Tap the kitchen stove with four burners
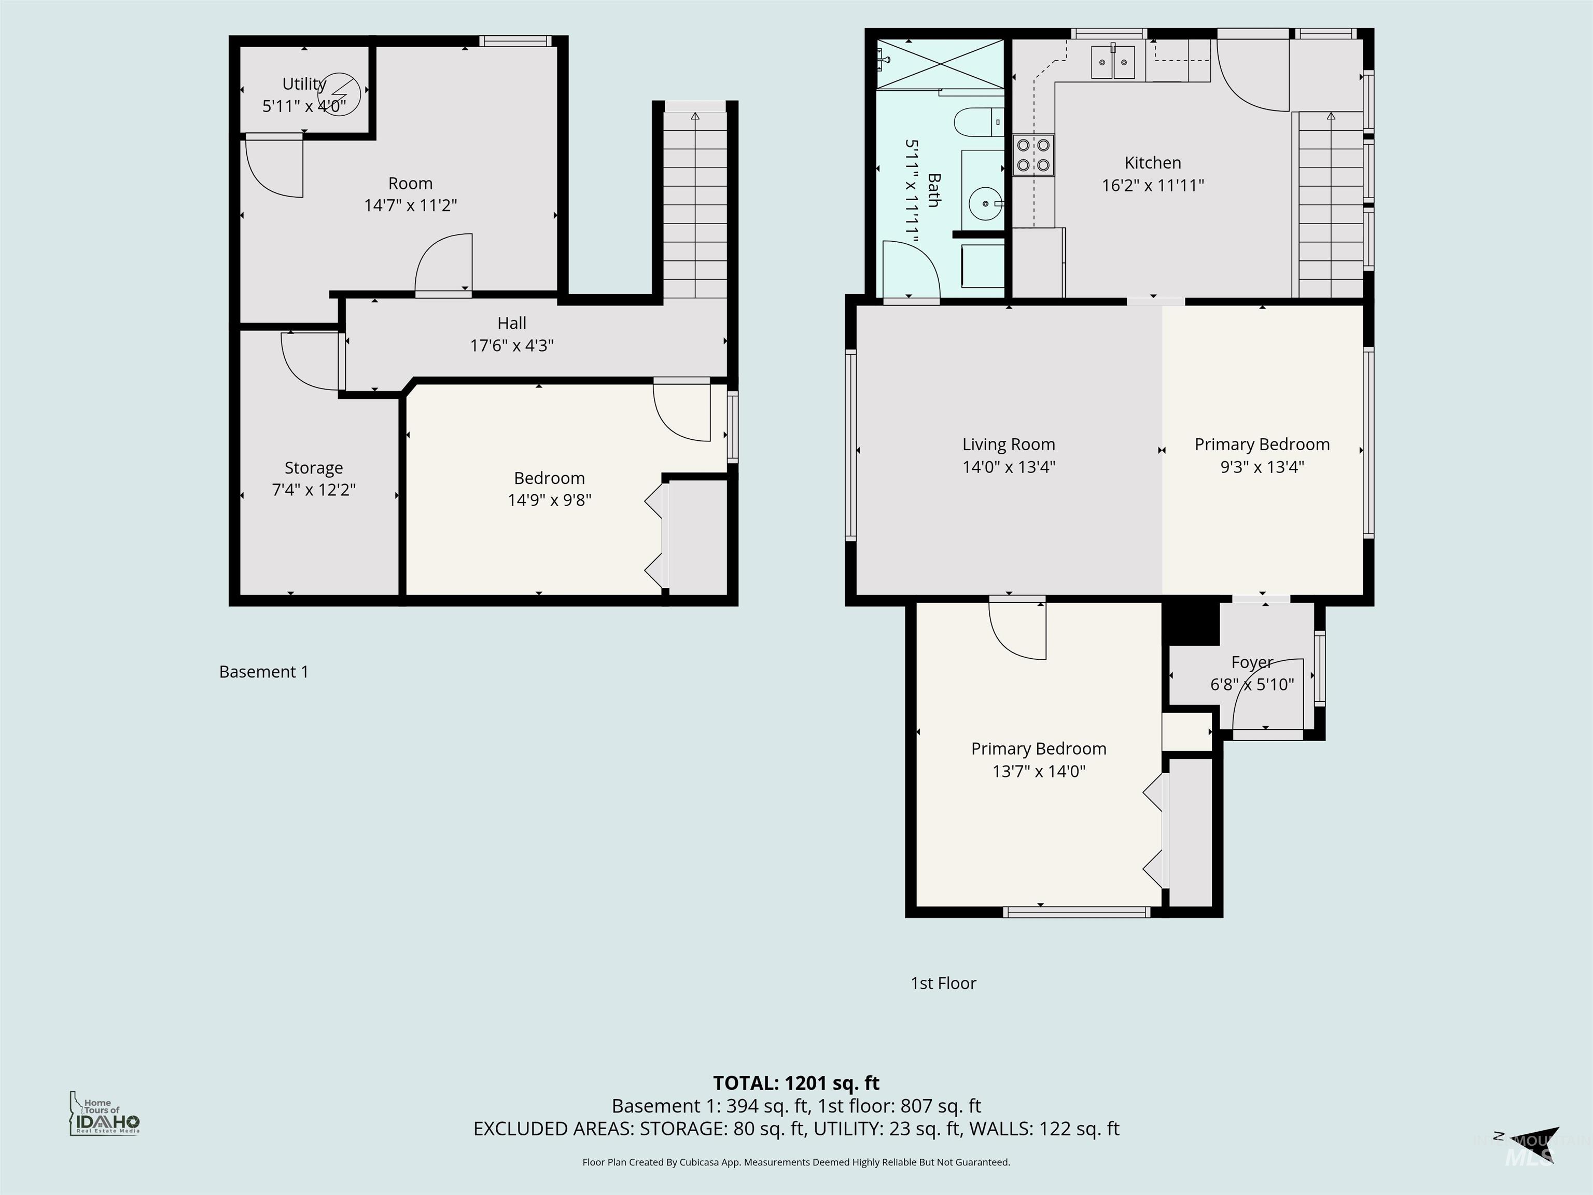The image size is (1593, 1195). click(1033, 156)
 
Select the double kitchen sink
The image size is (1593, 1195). click(1113, 62)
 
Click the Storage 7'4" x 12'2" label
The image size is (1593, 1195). click(313, 478)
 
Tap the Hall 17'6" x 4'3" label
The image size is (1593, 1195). click(511, 334)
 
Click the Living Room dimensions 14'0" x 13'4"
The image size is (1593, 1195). click(1008, 467)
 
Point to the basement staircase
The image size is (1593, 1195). click(695, 205)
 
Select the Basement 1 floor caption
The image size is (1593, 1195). click(263, 672)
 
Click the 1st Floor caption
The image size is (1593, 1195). click(943, 983)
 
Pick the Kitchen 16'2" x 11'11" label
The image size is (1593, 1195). click(1152, 174)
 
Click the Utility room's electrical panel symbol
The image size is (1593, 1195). click(339, 92)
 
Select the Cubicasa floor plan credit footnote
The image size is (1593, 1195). click(796, 1162)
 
